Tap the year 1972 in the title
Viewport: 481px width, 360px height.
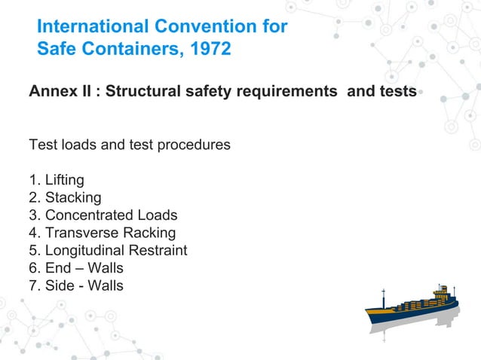pyautogui.click(x=207, y=51)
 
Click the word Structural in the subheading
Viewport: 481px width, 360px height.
pyautogui.click(x=140, y=92)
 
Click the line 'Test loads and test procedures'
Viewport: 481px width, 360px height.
pyautogui.click(x=129, y=145)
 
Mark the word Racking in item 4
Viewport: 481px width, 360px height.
pyautogui.click(x=151, y=233)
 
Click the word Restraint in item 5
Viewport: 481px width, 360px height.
pyautogui.click(x=161, y=250)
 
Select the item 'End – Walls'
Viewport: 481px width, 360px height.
pyautogui.click(x=75, y=268)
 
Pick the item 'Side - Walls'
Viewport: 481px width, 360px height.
pyautogui.click(x=75, y=285)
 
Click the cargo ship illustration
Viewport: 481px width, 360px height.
pyautogui.click(x=412, y=310)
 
